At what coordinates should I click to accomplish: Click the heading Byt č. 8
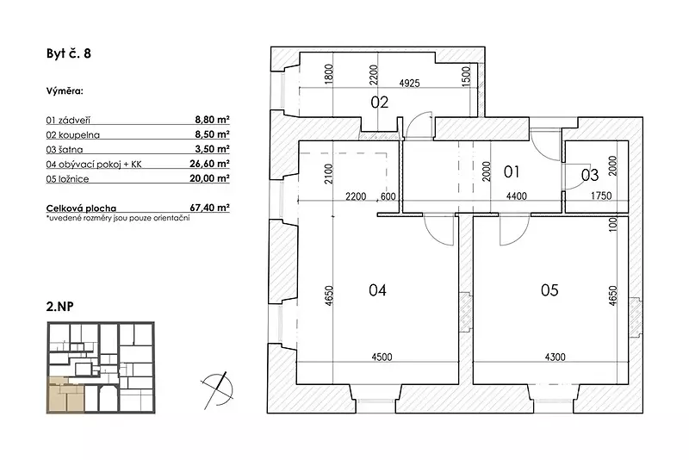coord(69,53)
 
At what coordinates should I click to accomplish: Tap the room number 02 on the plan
coord(379,103)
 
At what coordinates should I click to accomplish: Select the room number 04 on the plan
coord(377,290)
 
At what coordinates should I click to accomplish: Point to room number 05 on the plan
coord(549,290)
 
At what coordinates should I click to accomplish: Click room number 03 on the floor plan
coord(590,175)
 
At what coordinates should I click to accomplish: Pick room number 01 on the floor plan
coord(512,171)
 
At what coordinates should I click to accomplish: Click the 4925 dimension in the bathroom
coord(409,83)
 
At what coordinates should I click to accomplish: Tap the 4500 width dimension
coord(382,357)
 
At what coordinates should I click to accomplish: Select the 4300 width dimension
coord(555,357)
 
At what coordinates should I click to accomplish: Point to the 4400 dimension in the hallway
coord(516,196)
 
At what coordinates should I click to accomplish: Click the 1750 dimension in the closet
coord(601,196)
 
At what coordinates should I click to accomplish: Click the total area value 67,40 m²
coord(210,208)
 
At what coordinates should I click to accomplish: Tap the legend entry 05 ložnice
coord(67,179)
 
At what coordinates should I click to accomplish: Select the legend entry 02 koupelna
coord(73,135)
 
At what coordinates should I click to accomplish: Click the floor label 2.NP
coord(59,307)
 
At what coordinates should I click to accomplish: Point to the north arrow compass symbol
coord(217,390)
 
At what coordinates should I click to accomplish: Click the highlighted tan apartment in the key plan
coord(65,394)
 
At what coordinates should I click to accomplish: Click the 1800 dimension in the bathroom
coord(329,75)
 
